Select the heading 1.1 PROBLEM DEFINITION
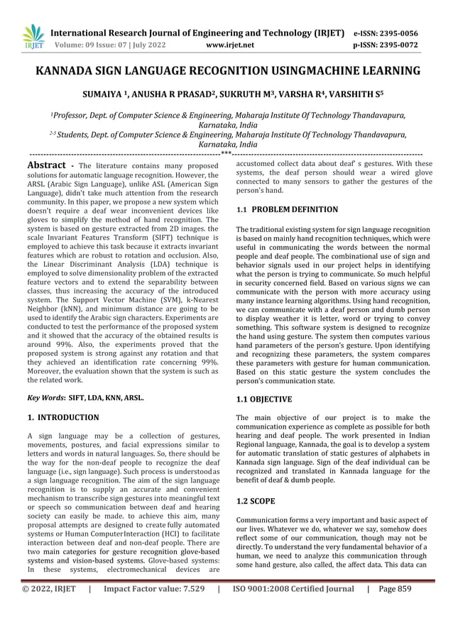pos(277,210)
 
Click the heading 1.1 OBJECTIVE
pos(263,399)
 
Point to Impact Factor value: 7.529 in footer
pos(154,608)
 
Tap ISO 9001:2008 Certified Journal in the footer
pos(293,608)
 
